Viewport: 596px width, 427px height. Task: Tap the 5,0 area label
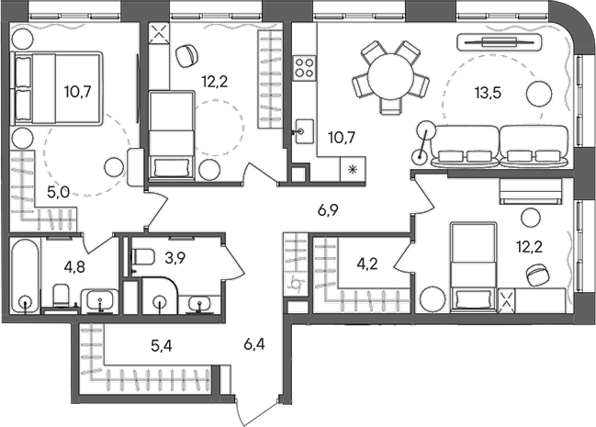click(x=57, y=194)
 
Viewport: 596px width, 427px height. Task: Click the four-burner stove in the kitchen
click(x=305, y=67)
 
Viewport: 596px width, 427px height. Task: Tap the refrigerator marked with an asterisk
click(x=352, y=168)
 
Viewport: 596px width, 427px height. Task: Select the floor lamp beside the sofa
click(x=425, y=130)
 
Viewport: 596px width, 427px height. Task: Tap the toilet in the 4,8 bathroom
click(x=61, y=297)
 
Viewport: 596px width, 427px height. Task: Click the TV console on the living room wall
click(x=500, y=41)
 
